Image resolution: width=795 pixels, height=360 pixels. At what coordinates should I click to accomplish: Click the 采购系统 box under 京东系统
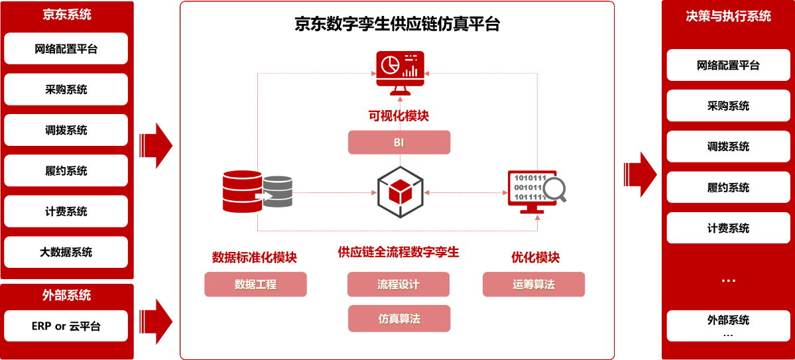pos(66,90)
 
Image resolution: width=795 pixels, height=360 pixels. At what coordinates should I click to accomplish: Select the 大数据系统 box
pos(66,252)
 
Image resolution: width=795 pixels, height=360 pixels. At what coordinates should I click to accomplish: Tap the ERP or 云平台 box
pos(66,326)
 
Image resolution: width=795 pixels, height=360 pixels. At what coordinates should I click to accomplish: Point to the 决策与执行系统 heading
pos(728,16)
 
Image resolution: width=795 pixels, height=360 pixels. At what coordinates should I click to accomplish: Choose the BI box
pos(399,143)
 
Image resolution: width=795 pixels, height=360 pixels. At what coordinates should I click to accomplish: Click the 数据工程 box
pos(255,284)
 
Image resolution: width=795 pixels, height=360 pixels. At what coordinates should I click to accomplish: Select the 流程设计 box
pos(398,284)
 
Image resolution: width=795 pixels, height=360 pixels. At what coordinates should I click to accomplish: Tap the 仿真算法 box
pos(399,319)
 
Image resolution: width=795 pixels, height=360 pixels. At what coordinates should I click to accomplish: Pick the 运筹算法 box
pos(534,284)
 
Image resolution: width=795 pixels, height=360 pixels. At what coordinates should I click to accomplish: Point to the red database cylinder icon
pos(243,192)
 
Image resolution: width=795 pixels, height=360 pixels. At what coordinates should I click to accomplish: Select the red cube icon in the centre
pos(399,192)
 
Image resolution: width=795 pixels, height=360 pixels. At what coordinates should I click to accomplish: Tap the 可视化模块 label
pos(399,116)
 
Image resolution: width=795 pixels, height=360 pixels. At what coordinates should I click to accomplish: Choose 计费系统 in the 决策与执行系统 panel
pos(728,228)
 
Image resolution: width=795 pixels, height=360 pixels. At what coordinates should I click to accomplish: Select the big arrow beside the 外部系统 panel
pos(156,322)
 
